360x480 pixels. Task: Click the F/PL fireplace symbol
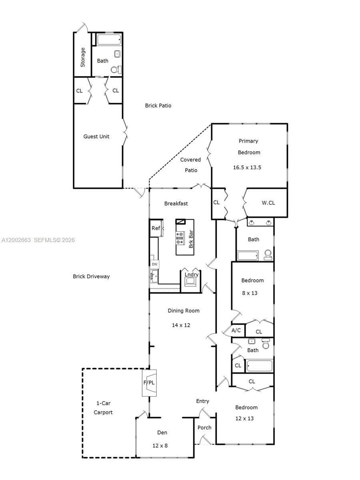tap(149, 383)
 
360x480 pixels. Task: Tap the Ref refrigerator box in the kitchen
tap(156, 228)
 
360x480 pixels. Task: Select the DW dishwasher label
tap(154, 264)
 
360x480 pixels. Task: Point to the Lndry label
tap(191, 274)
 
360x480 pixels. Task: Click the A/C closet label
tap(236, 330)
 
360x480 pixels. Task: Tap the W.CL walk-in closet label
tap(268, 203)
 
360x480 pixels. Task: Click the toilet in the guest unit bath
tap(115, 70)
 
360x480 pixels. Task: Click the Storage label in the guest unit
tap(83, 57)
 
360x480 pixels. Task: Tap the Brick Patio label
tap(158, 106)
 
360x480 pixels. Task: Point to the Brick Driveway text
tap(91, 276)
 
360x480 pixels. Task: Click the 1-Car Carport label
tap(103, 408)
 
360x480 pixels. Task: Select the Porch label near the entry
tap(204, 428)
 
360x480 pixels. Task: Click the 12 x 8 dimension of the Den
tap(160, 445)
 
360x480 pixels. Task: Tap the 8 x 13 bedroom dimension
tap(250, 293)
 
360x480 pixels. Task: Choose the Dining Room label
tap(184, 310)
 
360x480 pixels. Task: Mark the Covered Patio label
tap(190, 165)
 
